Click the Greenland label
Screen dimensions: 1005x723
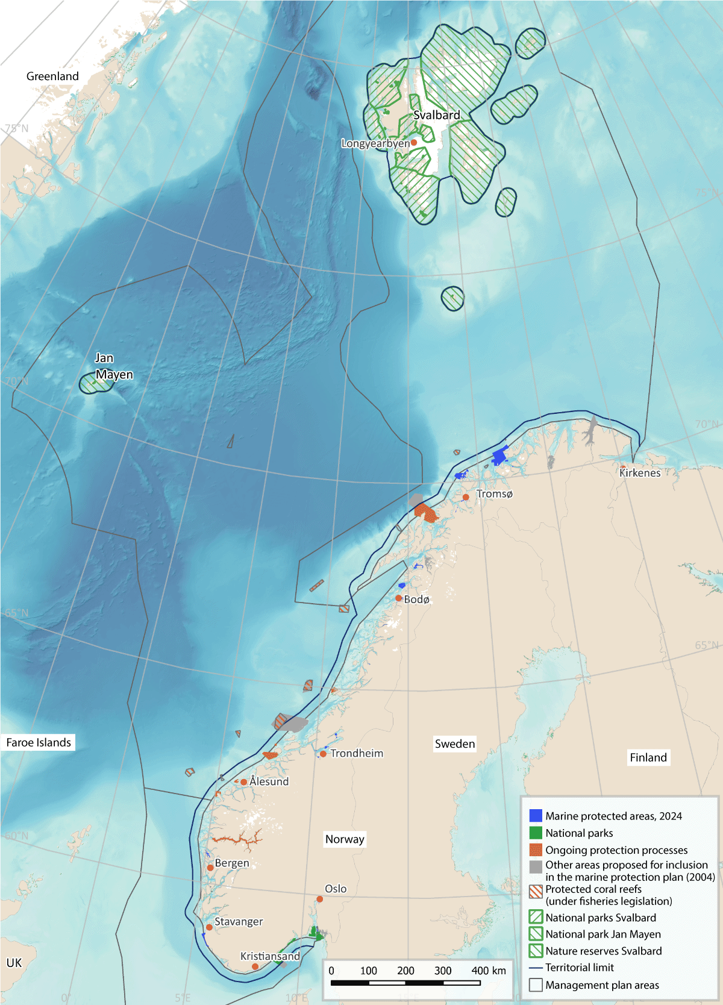[x=52, y=77]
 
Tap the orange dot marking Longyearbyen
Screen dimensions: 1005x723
[x=414, y=143]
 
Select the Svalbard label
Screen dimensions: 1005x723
[x=436, y=115]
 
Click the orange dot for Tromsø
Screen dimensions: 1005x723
[x=466, y=497]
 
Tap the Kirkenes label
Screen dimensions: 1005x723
[x=640, y=473]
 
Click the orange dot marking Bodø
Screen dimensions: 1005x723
[x=398, y=598]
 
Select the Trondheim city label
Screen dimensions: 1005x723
[x=357, y=753]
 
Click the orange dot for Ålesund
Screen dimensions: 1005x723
[x=243, y=782]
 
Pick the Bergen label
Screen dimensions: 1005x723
[x=232, y=863]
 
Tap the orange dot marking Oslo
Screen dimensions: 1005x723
[x=319, y=899]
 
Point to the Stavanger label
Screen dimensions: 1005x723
[x=239, y=921]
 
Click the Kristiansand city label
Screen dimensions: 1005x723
[x=270, y=956]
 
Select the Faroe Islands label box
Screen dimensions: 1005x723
[x=39, y=742]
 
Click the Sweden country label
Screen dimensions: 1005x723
[x=455, y=744]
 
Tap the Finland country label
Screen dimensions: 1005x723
[x=648, y=757]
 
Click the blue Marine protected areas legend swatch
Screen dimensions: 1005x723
[x=536, y=816]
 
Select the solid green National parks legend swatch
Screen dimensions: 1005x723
[x=536, y=833]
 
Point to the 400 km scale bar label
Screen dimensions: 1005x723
[x=489, y=971]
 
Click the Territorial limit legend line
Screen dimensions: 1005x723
[x=536, y=968]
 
